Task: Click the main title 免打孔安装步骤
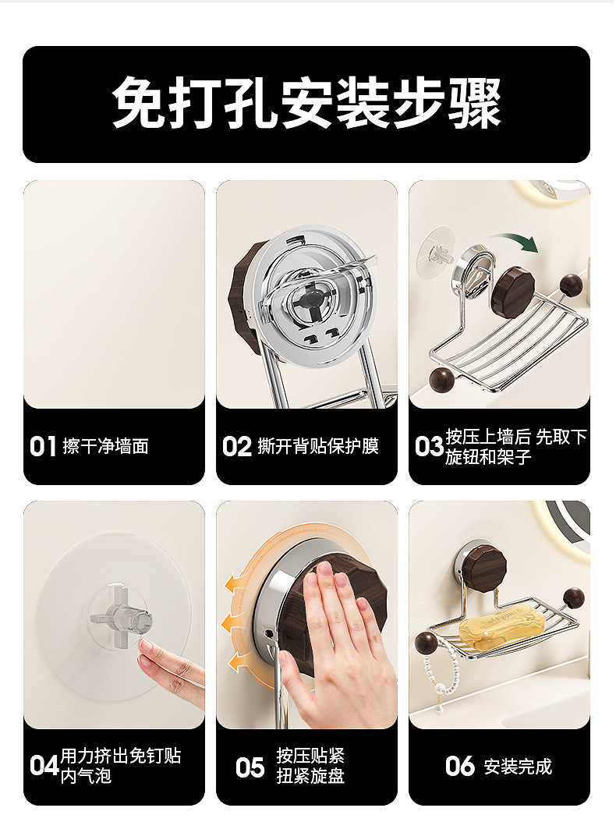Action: (306, 103)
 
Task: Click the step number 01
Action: (43, 447)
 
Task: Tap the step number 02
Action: (237, 447)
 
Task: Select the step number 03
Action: (429, 447)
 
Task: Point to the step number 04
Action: (44, 766)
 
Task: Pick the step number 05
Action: (250, 767)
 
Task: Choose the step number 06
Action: (460, 767)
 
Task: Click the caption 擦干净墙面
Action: (105, 447)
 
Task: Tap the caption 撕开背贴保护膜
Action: (318, 447)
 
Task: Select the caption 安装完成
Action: (518, 767)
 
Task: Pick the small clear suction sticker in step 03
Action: (436, 253)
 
